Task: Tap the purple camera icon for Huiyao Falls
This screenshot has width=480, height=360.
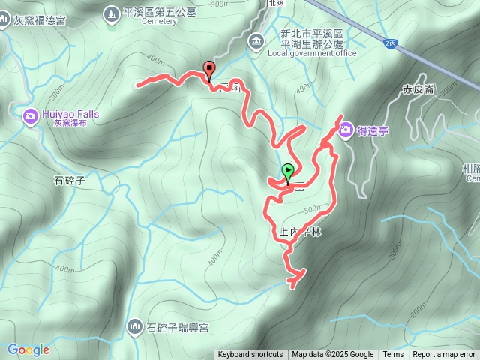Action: pos(31,115)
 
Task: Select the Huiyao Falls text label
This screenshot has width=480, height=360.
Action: pos(71,114)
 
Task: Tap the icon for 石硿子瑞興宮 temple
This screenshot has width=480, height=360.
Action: pos(135,326)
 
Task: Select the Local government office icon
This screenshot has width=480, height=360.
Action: pos(256,40)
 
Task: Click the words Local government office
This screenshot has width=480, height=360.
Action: pos(311,53)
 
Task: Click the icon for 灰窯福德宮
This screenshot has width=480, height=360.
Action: pos(4,20)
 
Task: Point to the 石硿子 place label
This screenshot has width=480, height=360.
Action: pos(70,180)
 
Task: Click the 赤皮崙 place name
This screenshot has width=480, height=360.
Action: pos(418,88)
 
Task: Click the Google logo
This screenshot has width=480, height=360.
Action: pos(28,349)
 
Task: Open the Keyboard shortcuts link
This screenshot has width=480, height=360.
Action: pos(250,355)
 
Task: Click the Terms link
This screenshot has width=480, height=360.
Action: pos(393,355)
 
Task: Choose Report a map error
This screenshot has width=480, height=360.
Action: pos(444,355)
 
